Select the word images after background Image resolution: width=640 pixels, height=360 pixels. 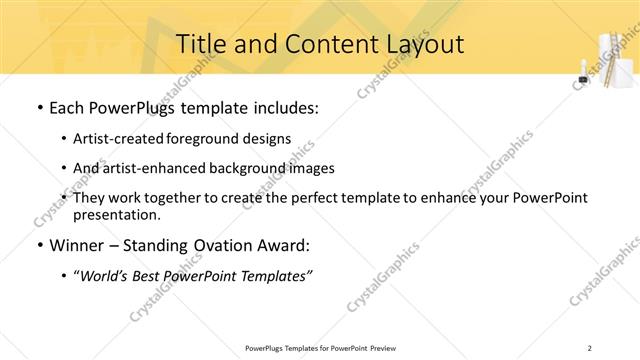click(x=311, y=168)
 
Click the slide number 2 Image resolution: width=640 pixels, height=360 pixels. click(x=591, y=348)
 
